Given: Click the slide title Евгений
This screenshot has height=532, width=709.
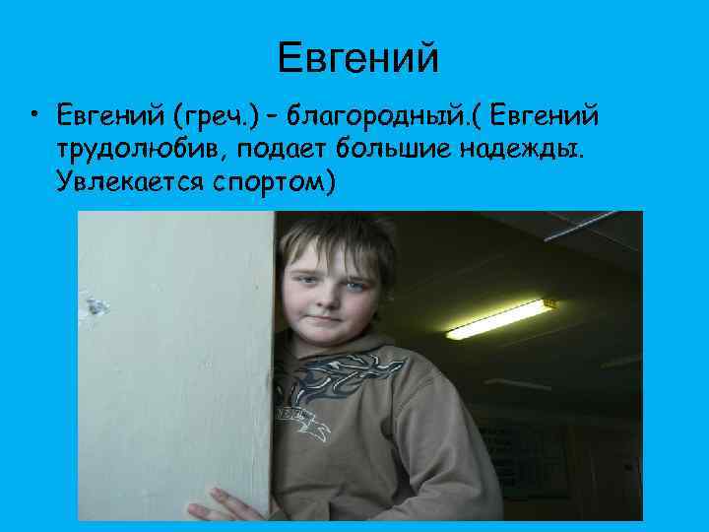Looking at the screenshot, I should [x=356, y=58].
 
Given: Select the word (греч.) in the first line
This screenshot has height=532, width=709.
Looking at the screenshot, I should [x=216, y=118].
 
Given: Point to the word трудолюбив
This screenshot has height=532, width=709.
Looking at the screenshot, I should [x=132, y=150].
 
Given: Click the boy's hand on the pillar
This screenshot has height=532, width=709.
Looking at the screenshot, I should [x=223, y=503].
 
